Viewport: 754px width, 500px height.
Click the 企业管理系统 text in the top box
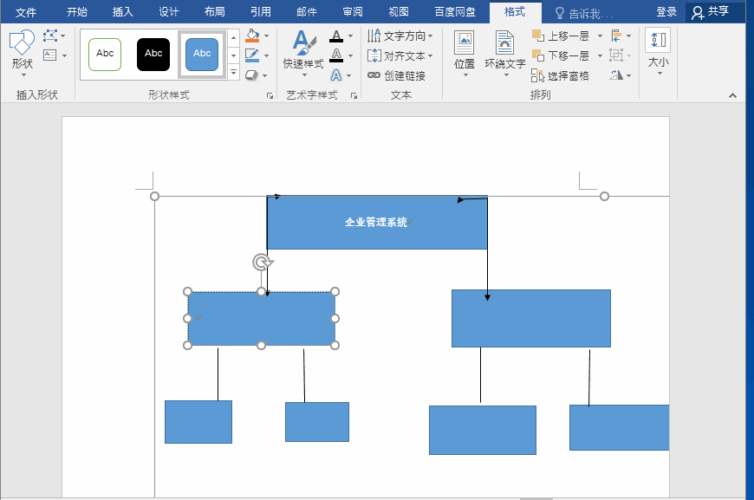[376, 222]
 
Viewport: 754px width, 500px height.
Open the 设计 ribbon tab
[169, 12]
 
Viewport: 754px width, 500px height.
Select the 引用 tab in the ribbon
[261, 12]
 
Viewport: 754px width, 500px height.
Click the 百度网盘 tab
[455, 12]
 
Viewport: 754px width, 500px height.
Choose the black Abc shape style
[153, 55]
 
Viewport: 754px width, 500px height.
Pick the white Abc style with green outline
[105, 55]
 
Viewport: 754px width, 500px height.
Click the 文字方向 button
[400, 36]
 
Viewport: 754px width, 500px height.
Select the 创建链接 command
[397, 75]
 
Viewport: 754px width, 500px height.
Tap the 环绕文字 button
[505, 51]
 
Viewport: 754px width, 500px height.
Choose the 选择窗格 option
[560, 75]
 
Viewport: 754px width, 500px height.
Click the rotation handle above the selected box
[262, 263]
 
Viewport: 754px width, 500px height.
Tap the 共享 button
[711, 12]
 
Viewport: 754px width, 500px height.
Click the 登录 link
[666, 12]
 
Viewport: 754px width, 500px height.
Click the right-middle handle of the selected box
[335, 318]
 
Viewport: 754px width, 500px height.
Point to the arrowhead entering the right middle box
[487, 297]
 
